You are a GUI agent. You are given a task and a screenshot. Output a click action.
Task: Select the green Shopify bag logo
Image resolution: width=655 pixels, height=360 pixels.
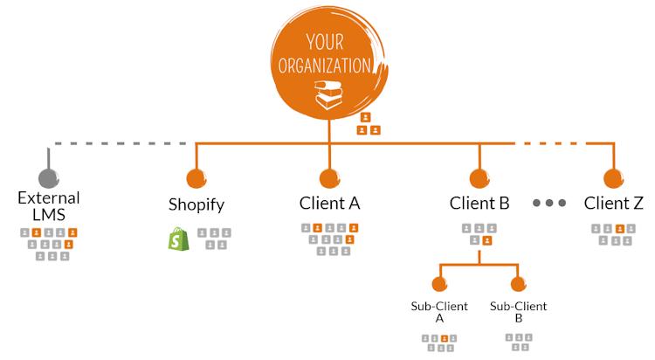coord(178,239)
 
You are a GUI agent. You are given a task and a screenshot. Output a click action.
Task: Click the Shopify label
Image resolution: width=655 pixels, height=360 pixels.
coord(196,205)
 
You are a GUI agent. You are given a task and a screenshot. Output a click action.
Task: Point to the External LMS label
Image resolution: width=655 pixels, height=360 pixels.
coord(49,206)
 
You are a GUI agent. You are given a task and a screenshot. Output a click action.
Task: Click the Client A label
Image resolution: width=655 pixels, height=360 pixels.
coord(329,204)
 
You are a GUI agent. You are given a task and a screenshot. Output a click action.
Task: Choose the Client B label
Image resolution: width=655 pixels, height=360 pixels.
coord(479,204)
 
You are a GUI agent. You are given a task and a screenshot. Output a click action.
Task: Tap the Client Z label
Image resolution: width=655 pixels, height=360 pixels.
coord(614,204)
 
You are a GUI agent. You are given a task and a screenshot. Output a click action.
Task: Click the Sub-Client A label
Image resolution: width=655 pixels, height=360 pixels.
coord(439,312)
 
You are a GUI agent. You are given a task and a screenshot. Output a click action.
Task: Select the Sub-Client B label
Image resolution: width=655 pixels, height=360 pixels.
coord(519,312)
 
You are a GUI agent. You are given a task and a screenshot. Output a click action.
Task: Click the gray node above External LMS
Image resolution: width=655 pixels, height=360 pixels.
coord(49,179)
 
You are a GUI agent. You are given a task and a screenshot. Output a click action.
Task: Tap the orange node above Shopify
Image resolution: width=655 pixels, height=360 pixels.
coord(196,179)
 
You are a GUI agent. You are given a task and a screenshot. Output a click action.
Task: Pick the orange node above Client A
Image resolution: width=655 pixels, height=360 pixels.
coord(329,179)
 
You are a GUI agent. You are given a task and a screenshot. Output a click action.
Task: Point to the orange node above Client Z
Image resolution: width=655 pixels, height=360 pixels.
coord(614,179)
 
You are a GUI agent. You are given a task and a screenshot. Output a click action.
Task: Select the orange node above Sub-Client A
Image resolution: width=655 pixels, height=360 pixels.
coord(439,285)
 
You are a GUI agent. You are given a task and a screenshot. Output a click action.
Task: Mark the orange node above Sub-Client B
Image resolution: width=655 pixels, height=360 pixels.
coord(519,285)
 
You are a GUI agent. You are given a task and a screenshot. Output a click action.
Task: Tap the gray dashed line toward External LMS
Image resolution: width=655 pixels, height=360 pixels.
coord(122,142)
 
